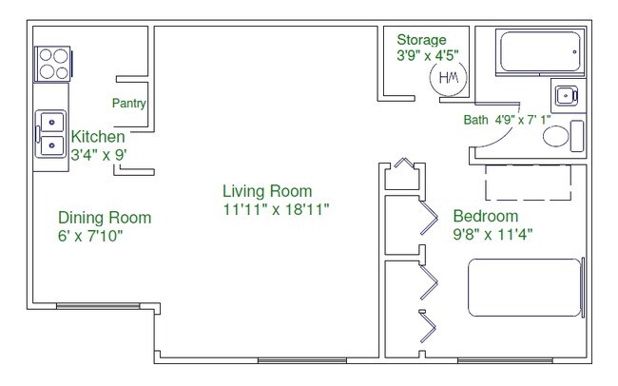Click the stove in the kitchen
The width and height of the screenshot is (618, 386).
click(x=53, y=64)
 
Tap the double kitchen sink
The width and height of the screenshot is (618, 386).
click(x=50, y=134)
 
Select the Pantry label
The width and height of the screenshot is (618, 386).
click(x=129, y=104)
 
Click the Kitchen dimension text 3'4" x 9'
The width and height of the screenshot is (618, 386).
click(x=99, y=155)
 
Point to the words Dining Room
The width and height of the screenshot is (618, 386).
click(x=105, y=218)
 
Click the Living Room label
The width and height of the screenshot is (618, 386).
click(x=267, y=191)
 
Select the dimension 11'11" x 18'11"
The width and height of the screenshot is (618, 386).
click(x=276, y=209)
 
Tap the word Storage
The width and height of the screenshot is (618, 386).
click(x=421, y=40)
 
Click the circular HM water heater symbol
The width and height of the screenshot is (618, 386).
click(x=448, y=77)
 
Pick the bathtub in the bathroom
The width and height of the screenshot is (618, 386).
click(x=540, y=51)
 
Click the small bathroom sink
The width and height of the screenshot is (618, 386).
click(x=567, y=95)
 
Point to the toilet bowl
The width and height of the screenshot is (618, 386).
click(x=556, y=136)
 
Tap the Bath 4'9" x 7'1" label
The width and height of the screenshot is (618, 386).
click(x=508, y=120)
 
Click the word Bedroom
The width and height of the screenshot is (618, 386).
click(x=486, y=216)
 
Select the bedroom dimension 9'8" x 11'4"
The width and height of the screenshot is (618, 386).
click(x=492, y=235)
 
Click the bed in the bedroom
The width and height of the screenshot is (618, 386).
click(x=526, y=287)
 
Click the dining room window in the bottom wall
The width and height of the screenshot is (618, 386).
click(x=98, y=306)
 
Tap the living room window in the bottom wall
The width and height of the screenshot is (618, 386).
click(x=302, y=360)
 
